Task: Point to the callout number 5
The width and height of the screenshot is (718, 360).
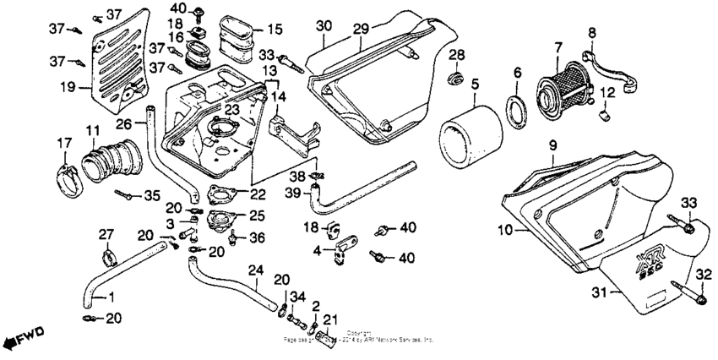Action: pyautogui.click(x=476, y=85)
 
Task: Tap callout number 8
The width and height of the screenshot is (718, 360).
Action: pyautogui.click(x=592, y=33)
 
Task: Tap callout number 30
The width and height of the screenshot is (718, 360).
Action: pyautogui.click(x=323, y=27)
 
